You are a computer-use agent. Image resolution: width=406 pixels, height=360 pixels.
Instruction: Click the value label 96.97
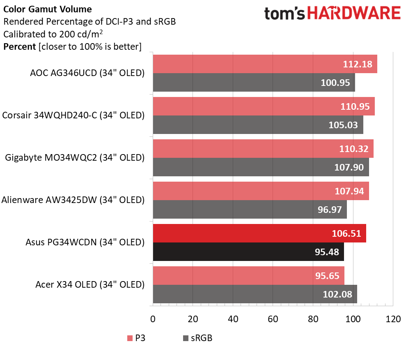(330, 209)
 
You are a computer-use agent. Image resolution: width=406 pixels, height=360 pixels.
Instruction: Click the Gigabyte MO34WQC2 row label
(75, 157)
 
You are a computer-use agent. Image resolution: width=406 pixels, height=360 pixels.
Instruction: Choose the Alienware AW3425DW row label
(73, 200)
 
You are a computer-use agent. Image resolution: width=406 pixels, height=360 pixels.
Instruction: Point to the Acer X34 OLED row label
(90, 284)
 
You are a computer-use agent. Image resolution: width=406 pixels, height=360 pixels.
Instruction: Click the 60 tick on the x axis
(273, 318)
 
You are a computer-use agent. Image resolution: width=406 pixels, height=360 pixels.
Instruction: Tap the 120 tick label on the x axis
(393, 318)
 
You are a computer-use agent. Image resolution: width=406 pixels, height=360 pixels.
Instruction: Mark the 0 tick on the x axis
(153, 318)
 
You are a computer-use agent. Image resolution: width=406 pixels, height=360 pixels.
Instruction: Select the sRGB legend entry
(197, 338)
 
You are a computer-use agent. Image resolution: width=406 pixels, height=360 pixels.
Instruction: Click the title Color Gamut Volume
(47, 9)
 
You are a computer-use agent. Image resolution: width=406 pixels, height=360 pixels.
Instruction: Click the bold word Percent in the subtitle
(19, 46)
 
